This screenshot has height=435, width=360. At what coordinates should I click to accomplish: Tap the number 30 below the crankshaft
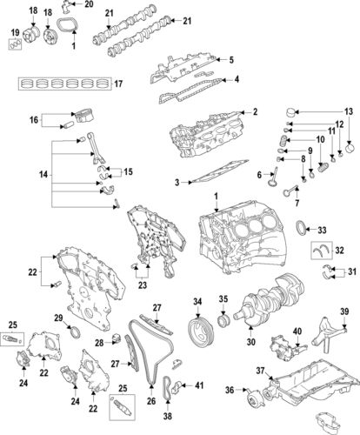[x=252, y=343]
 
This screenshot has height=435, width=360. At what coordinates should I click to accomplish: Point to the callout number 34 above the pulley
[x=197, y=301]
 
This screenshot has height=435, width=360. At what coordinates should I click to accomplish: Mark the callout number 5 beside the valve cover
[x=231, y=60]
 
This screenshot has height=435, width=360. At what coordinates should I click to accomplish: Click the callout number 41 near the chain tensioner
[x=199, y=385]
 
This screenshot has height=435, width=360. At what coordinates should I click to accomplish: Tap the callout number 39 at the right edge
[x=343, y=312]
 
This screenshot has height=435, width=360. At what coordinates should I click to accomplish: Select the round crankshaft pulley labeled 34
[x=197, y=331]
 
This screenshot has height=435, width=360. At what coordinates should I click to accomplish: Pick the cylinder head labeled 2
[x=204, y=135]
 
